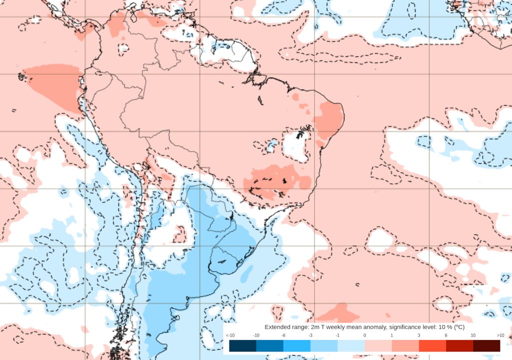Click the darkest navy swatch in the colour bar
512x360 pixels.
click(x=242, y=346)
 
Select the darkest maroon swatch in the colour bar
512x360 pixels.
click(x=486, y=346)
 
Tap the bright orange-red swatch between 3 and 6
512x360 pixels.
click(x=432, y=346)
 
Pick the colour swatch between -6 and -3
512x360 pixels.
click(x=296, y=346)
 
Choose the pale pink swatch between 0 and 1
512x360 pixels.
click(x=378, y=346)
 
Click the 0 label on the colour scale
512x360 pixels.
click(x=364, y=335)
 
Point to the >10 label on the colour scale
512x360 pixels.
click(x=500, y=335)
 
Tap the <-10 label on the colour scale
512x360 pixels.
click(x=230, y=335)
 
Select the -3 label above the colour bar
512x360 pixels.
click(x=310, y=335)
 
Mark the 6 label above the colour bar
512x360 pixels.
click(x=446, y=335)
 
